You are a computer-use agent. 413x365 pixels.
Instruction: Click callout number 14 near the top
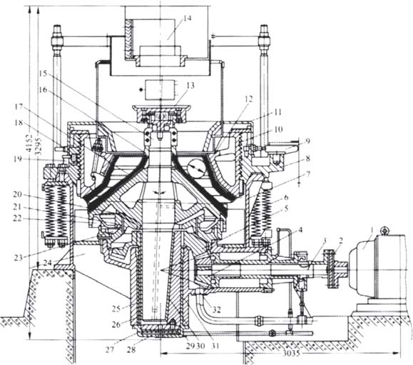(187, 19)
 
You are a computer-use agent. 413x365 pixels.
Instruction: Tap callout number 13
(190, 85)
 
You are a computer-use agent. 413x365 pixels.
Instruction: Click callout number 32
(217, 309)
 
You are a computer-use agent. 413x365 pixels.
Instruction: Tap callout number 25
(116, 309)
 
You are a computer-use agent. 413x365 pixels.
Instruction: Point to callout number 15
(43, 73)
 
